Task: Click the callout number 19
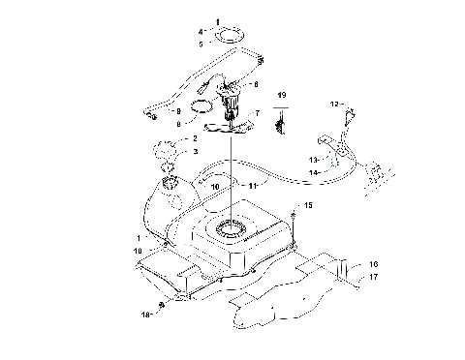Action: click(282, 96)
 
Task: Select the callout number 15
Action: click(309, 206)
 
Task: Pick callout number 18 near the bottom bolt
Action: click(145, 315)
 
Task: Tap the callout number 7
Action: click(256, 113)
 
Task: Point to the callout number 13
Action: click(313, 159)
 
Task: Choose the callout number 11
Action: click(252, 184)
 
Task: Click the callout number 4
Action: click(201, 32)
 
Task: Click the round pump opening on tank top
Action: click(230, 229)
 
